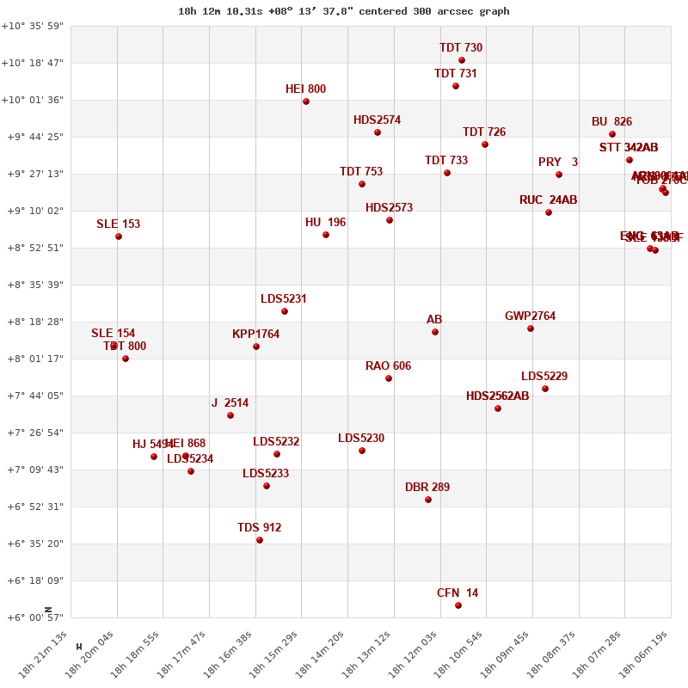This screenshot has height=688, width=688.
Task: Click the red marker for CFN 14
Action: [458, 605]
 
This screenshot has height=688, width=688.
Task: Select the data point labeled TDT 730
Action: [462, 60]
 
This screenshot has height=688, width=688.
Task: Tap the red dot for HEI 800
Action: [306, 101]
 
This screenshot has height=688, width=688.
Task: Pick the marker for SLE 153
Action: [119, 236]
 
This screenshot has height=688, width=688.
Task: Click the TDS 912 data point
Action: [260, 540]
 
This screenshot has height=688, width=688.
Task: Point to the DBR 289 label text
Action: [427, 488]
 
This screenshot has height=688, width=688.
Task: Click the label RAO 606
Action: [388, 366]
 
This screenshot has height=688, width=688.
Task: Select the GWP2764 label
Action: [530, 316]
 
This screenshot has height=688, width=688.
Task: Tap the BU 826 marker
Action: [612, 134]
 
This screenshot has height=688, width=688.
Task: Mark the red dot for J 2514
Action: [230, 415]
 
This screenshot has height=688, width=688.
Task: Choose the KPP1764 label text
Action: [255, 335]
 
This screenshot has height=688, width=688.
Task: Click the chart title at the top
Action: [344, 11]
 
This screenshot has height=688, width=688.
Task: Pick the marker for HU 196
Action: [326, 235]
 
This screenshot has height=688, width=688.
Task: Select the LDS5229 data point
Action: [545, 389]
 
